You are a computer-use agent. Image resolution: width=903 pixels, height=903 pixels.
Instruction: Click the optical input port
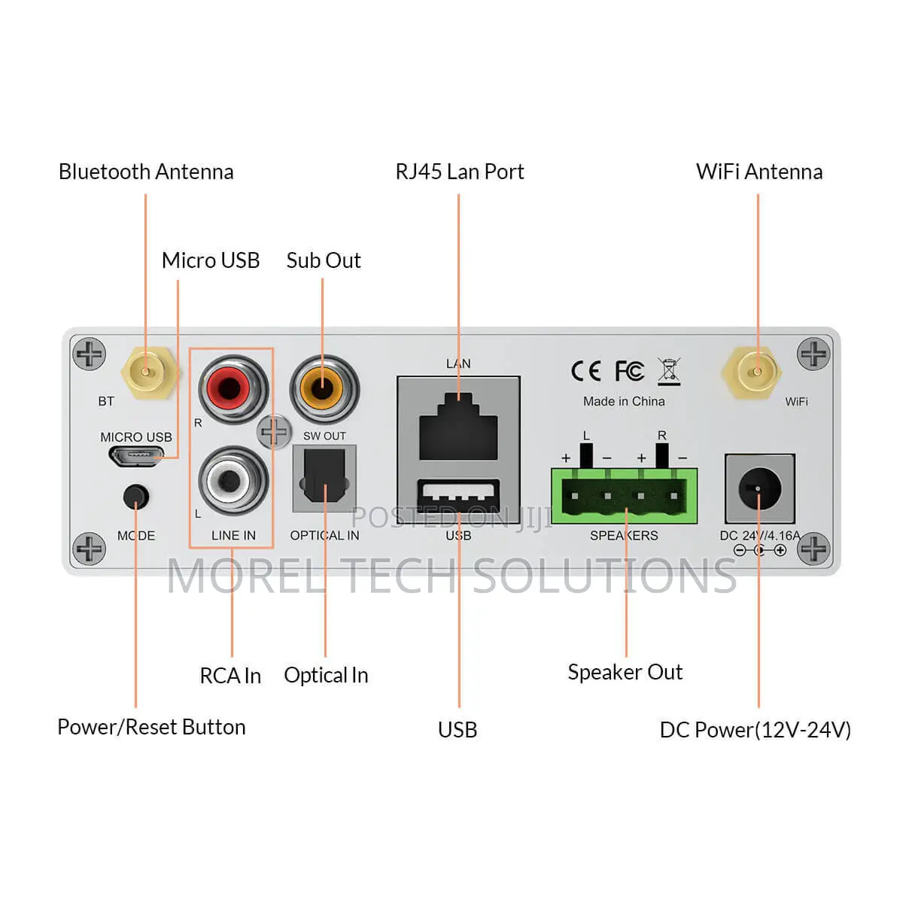click(324, 478)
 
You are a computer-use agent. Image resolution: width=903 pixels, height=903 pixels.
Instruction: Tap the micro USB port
click(136, 455)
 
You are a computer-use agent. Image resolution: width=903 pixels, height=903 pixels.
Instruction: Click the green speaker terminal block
click(624, 496)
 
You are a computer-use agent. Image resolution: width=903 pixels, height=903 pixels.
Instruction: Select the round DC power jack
click(759, 488)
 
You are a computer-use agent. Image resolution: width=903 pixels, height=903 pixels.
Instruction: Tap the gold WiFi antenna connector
click(751, 372)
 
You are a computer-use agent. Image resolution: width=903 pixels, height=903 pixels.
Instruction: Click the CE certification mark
click(585, 371)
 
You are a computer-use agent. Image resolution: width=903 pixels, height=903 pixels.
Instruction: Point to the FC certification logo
click(629, 371)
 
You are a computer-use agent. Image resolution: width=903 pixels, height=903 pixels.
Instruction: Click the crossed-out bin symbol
click(669, 372)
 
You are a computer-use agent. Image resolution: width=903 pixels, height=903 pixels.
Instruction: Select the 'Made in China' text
click(624, 401)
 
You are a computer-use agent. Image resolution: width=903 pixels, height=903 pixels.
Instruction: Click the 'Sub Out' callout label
click(324, 260)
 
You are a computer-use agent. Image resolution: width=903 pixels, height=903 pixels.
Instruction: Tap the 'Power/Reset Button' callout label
click(151, 727)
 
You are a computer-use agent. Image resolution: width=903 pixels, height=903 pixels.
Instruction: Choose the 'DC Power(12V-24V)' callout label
click(755, 730)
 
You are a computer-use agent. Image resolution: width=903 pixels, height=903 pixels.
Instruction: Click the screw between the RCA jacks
click(274, 432)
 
